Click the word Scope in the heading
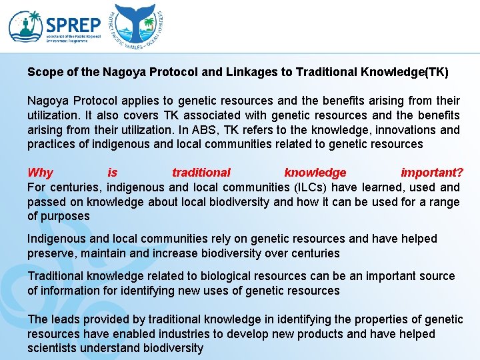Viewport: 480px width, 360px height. coord(42,72)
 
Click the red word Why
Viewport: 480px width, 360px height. coord(40,173)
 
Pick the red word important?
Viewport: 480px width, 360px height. coord(432,173)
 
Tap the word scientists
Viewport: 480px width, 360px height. coord(52,348)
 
